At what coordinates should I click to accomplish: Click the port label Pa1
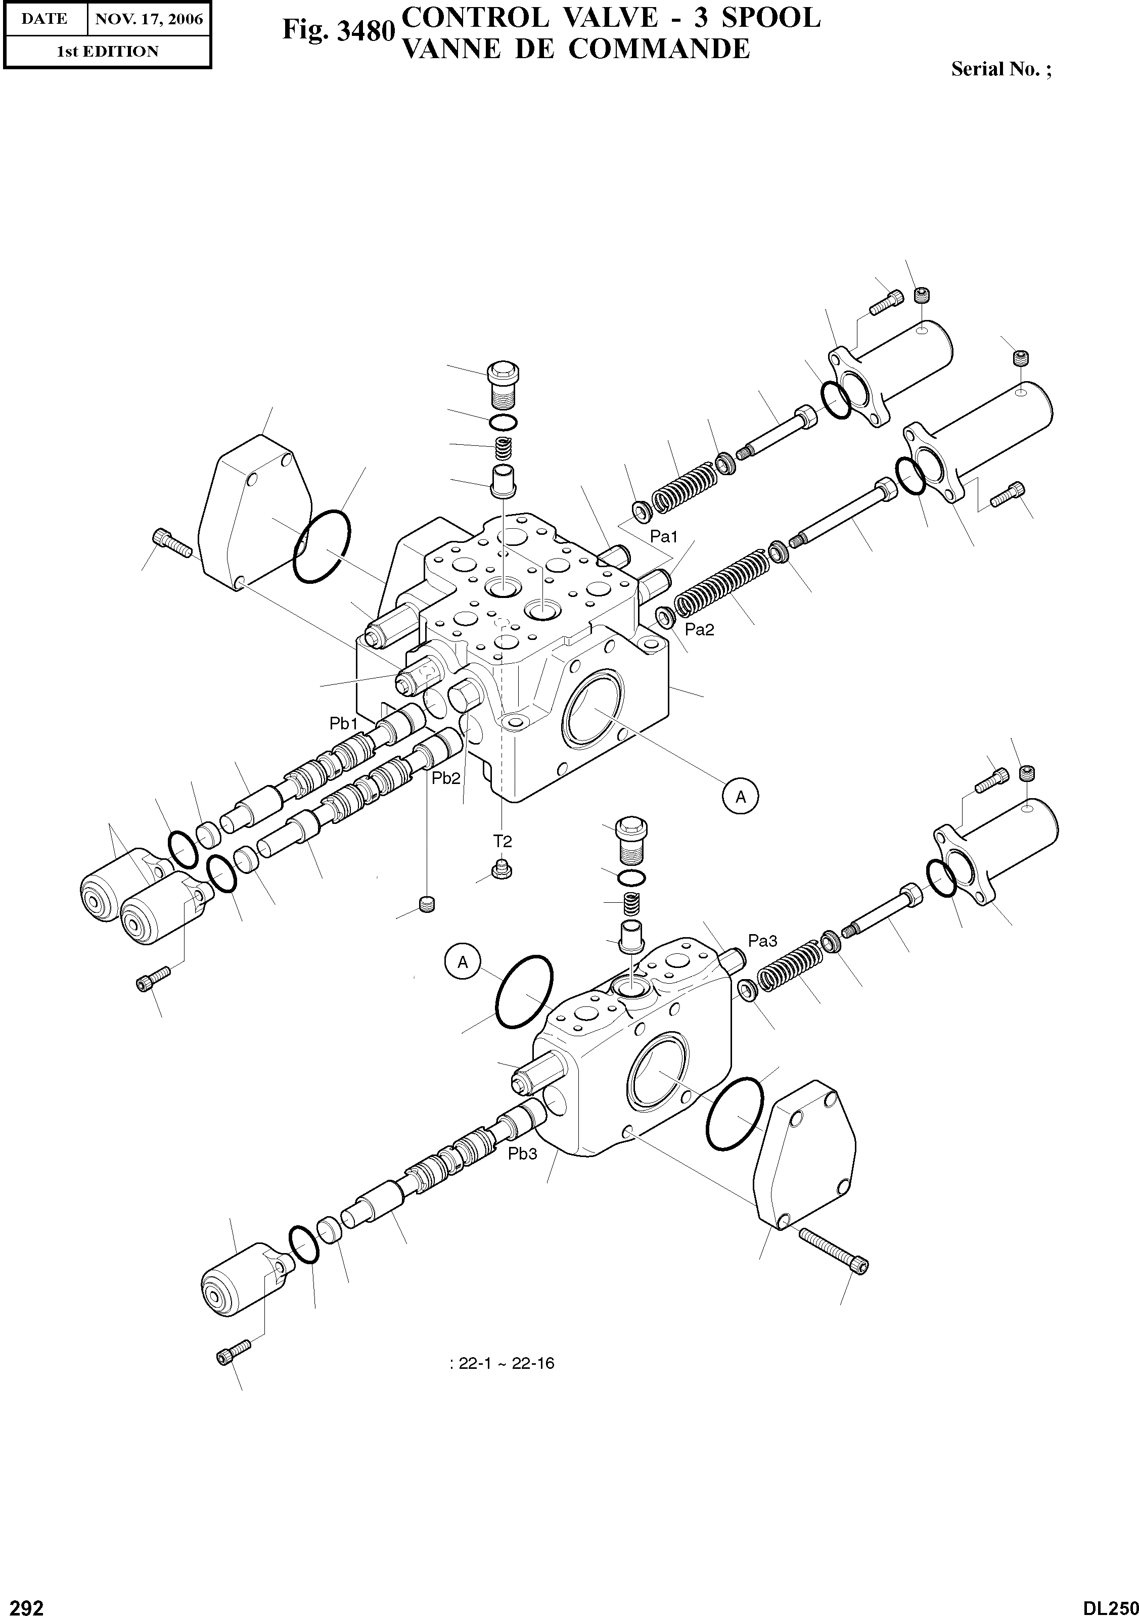(663, 537)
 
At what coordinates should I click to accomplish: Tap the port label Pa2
(699, 630)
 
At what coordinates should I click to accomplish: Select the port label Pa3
(762, 940)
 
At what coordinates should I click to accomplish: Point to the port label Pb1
(344, 723)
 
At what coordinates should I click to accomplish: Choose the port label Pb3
(522, 1153)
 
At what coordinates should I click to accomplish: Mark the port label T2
(502, 841)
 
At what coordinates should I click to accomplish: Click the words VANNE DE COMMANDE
(574, 49)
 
